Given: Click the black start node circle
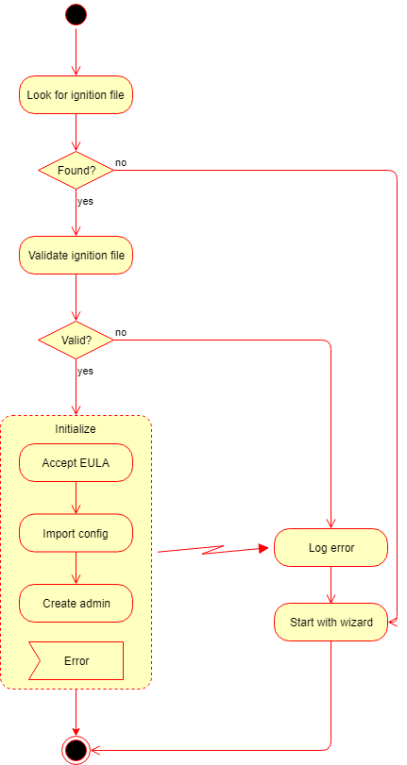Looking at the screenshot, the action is [76, 15].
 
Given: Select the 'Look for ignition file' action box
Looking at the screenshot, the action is [76, 94].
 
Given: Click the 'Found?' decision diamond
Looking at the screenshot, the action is [76, 171].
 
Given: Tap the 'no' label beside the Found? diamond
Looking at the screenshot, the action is [121, 162].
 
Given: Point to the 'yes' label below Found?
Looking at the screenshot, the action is [85, 201].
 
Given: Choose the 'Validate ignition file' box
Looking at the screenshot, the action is [76, 256].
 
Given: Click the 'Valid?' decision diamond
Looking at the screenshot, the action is [76, 341].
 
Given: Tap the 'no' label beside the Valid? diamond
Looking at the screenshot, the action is [121, 332].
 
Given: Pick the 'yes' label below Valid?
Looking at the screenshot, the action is [85, 371].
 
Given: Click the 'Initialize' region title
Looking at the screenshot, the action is [76, 429].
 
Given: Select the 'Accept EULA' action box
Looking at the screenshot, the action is [76, 462].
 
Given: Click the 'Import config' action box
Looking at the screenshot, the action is [76, 533].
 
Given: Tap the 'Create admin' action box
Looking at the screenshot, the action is [76, 603].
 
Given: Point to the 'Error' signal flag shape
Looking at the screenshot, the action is [76, 660].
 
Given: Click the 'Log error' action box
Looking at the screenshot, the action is [331, 547].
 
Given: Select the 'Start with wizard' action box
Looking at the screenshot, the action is [331, 622].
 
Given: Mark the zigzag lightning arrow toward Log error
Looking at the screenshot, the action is [213, 549].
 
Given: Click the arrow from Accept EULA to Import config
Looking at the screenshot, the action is [76, 498].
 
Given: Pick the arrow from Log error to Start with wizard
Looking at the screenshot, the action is [331, 585].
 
